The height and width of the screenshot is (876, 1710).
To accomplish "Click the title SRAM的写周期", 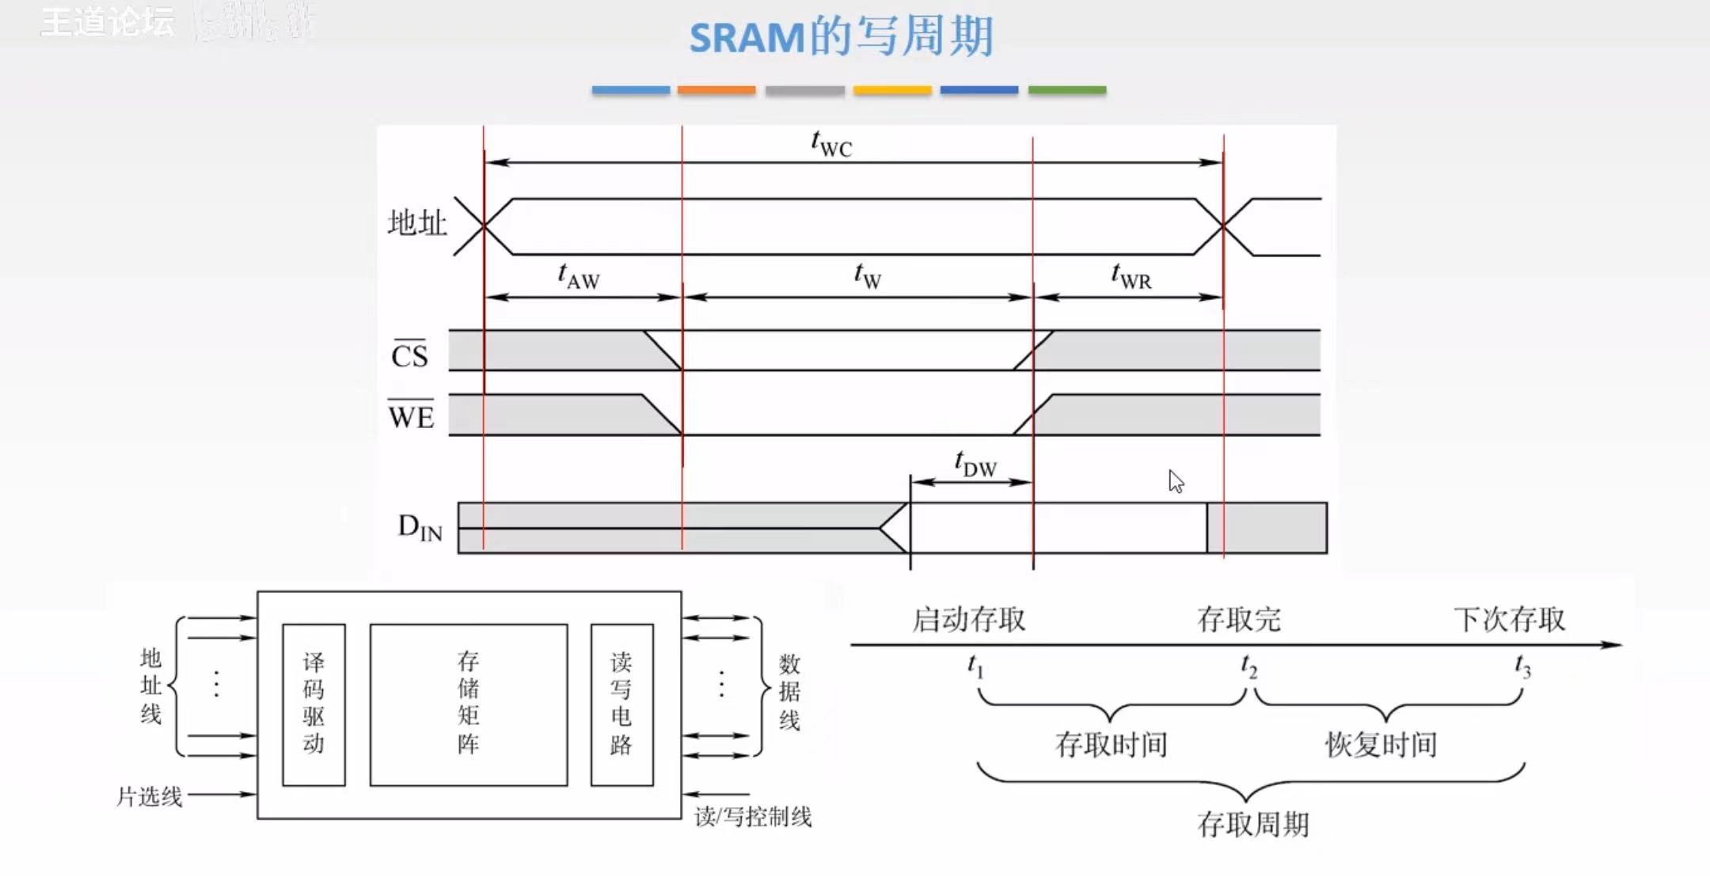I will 841,36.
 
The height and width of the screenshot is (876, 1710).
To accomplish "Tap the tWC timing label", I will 831,144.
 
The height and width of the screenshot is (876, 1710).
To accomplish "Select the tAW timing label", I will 579,276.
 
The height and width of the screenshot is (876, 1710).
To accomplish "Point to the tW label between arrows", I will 868,276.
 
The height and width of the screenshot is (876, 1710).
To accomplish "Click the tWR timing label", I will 1130,276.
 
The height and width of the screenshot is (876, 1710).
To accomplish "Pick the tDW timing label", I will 975,464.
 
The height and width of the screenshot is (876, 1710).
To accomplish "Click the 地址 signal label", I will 417,223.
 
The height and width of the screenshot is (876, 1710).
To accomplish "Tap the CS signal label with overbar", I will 409,355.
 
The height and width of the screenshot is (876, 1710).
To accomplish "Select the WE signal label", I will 411,415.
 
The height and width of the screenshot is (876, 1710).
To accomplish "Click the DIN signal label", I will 420,527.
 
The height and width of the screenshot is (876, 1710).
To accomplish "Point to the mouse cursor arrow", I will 1176,480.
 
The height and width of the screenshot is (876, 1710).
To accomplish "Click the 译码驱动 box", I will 313,704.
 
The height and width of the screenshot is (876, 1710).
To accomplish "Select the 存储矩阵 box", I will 469,704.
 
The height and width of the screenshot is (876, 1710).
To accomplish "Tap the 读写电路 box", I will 621,704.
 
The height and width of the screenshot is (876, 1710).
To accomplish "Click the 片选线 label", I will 150,796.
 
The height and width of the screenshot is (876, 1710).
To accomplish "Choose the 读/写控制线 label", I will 753,817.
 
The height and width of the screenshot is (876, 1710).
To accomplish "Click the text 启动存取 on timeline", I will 968,619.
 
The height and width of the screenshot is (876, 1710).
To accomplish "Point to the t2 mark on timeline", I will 1248,667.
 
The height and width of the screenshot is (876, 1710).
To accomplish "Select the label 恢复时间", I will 1381,745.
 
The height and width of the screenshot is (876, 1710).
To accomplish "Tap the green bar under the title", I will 1066,90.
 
